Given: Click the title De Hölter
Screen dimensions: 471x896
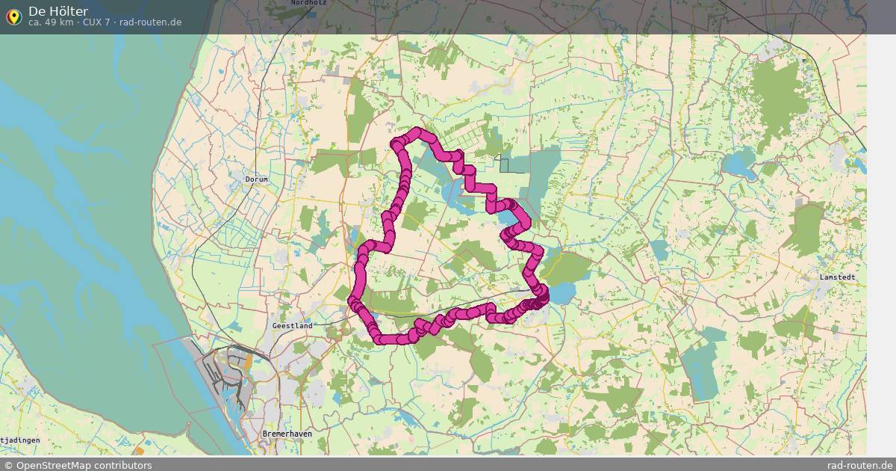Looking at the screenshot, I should point(58,10).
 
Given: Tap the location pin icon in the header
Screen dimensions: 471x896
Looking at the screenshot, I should point(13,16).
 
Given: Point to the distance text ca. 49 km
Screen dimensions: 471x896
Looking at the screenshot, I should point(51,22).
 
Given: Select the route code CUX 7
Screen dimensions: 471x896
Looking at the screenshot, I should point(96,22).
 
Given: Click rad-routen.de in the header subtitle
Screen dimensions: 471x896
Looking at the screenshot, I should point(150,22).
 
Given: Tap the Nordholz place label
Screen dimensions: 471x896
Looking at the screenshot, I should point(308,3).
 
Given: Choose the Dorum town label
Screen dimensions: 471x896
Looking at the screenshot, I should point(256,179).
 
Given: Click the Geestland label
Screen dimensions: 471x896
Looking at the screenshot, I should point(292,326).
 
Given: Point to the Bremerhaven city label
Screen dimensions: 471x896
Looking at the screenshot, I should point(287,434).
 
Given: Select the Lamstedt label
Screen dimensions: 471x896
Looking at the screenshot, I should point(837,277).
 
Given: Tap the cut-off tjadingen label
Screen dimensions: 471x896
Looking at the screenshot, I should point(20,440).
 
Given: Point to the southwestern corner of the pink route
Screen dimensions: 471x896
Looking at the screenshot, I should point(382,339).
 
